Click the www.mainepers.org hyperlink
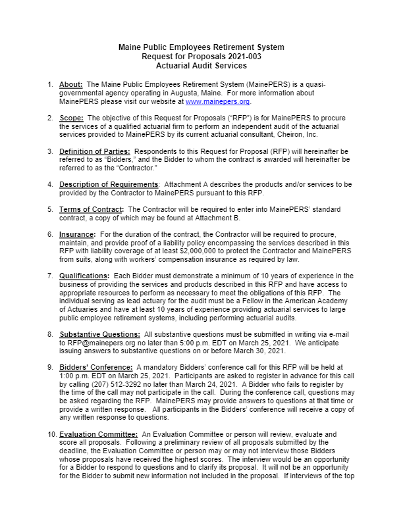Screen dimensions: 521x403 coord(218,102)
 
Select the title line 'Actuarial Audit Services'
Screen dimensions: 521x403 coord(201,66)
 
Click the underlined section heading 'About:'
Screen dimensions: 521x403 coord(70,85)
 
